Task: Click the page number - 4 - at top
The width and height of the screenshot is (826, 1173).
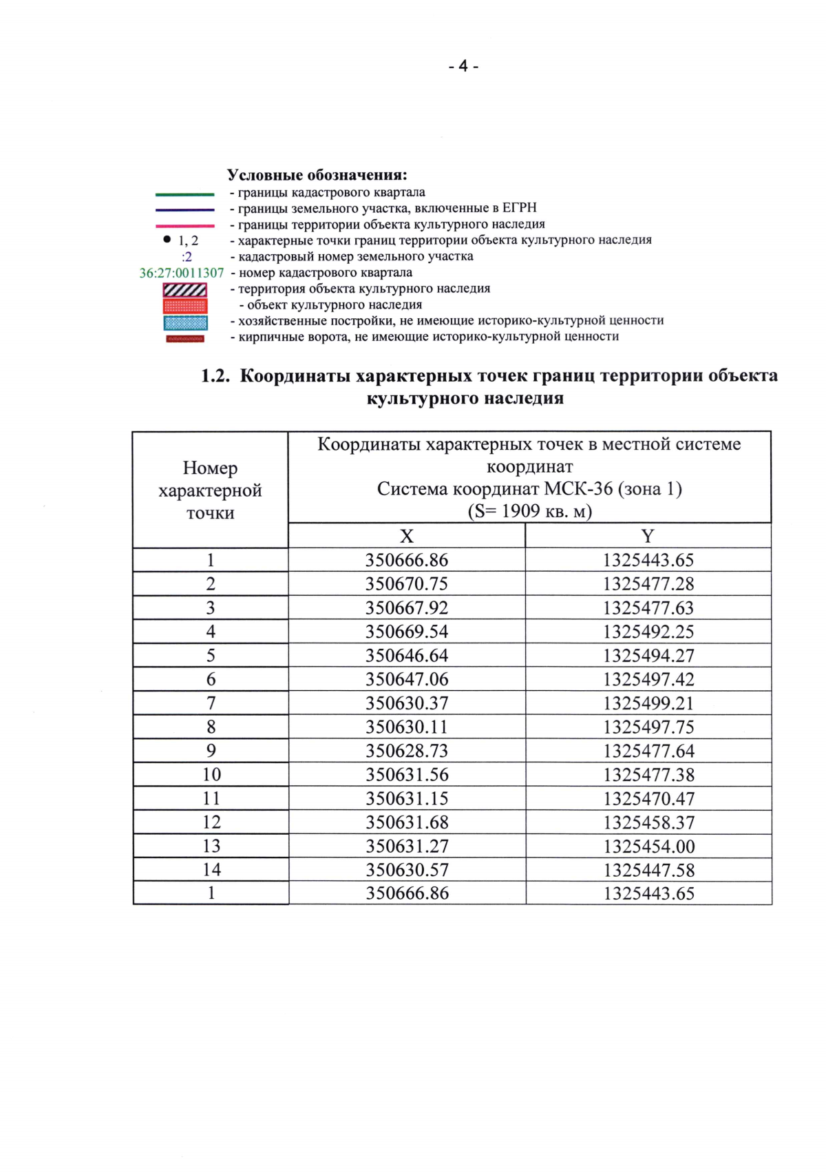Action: (x=463, y=66)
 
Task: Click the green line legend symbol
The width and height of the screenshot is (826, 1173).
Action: (x=184, y=194)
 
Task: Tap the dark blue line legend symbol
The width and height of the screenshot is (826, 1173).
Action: (x=184, y=210)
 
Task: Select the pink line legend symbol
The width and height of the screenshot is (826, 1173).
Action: (x=184, y=226)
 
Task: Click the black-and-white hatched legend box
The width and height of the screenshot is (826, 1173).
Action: (x=184, y=290)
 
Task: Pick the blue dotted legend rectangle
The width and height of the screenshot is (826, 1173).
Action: (x=185, y=322)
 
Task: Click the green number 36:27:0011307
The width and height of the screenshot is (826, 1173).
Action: (x=182, y=273)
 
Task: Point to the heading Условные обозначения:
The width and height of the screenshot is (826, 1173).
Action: (x=317, y=175)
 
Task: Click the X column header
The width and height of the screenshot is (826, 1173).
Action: (x=406, y=536)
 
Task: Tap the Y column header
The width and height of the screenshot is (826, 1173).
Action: (x=648, y=536)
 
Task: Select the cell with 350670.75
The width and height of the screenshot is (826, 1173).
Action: (x=406, y=584)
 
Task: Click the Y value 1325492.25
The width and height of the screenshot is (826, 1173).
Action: (x=648, y=632)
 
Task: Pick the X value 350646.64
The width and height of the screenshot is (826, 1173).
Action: (x=406, y=656)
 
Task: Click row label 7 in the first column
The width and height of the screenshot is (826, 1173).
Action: (x=211, y=703)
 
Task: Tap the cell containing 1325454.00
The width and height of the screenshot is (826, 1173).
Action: (x=648, y=847)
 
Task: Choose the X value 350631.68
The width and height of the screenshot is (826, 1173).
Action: (x=407, y=822)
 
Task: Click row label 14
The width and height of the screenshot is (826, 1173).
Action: (x=211, y=870)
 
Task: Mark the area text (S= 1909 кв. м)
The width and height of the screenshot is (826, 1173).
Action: (x=529, y=511)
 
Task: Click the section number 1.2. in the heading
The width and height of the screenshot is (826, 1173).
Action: (x=215, y=376)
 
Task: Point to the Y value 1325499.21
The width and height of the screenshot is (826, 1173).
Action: (x=648, y=703)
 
